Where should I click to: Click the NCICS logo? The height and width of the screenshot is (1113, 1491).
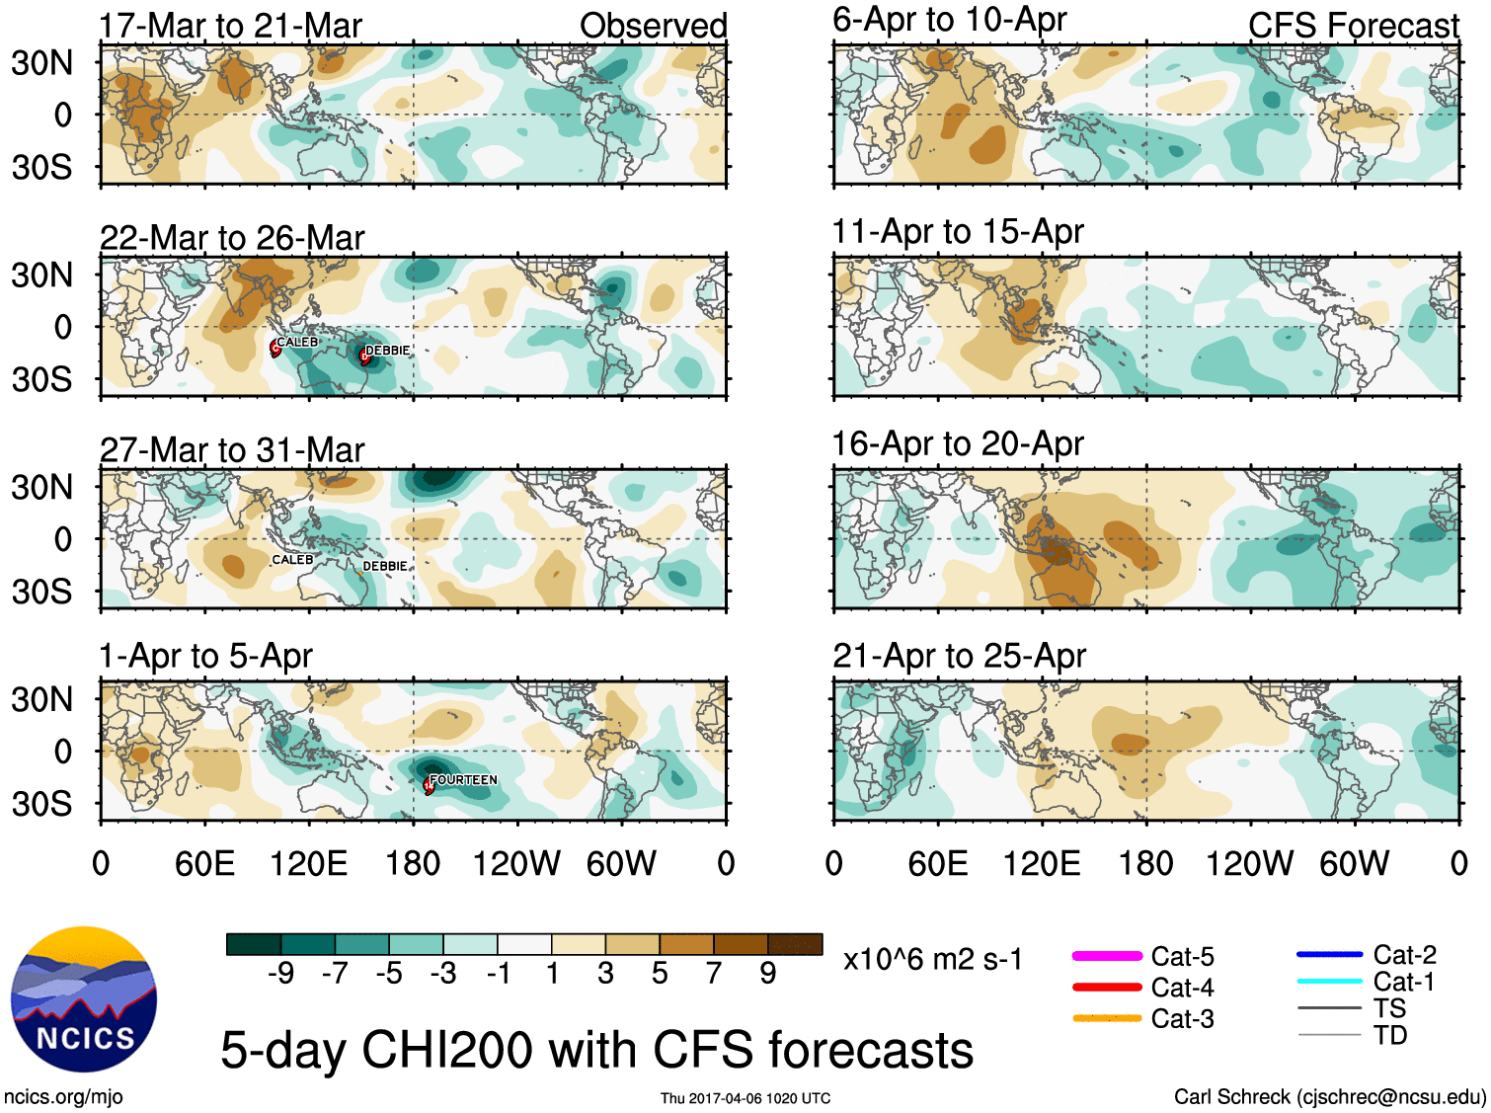coord(84,998)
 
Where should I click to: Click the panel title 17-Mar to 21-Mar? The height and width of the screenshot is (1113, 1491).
coord(230,26)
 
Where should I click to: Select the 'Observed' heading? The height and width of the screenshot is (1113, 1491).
coord(653,26)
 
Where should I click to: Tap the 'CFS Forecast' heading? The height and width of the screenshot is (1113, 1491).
coord(1353,26)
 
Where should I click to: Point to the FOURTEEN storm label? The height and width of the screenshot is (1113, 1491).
coord(463,780)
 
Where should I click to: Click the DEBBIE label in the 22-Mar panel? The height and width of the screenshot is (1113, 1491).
coord(387,351)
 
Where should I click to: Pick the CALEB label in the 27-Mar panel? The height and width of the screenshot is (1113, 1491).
coord(292,560)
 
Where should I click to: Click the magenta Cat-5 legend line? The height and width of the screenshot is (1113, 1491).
coord(1107,956)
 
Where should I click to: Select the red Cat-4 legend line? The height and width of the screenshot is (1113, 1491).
coord(1107,987)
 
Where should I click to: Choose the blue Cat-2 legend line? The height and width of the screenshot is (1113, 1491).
coord(1329,954)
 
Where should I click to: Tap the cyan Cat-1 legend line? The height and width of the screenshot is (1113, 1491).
coord(1329,981)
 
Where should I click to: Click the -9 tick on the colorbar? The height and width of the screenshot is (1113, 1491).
coord(281,974)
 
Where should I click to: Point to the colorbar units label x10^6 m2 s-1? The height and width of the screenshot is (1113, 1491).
coord(932,959)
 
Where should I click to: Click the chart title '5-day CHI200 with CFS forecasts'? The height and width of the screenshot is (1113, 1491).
coord(596,1049)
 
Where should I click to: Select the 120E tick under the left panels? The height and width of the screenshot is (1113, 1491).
coord(308,864)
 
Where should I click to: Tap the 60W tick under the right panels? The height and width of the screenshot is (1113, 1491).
coord(1354,864)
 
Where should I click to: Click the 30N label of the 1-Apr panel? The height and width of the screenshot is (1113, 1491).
coord(41,700)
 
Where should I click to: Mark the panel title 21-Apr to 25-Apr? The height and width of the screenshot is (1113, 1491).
coord(959,656)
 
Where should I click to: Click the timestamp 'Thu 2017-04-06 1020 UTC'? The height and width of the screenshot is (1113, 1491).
coord(745,1098)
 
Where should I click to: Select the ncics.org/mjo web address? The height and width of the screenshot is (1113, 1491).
coord(63,1096)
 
